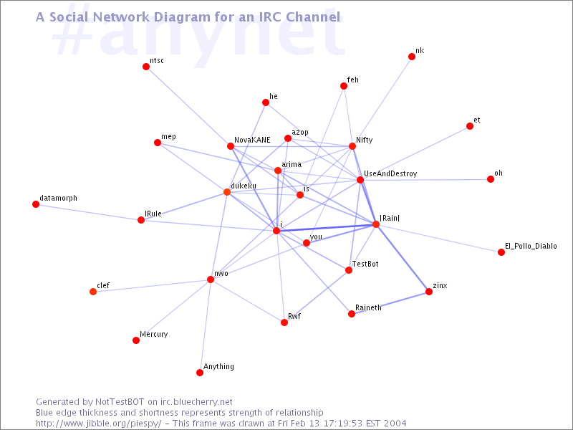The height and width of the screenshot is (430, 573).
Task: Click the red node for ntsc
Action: pos(146,67)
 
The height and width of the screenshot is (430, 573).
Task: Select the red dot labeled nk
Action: pos(412,57)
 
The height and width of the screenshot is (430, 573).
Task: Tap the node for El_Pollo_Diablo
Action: pos(501,252)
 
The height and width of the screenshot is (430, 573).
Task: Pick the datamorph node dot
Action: pos(36,204)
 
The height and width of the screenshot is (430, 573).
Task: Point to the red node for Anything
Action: pos(200,373)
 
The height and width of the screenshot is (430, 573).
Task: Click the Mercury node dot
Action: pos(136,340)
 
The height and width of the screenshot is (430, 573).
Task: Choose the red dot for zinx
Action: pos(429,292)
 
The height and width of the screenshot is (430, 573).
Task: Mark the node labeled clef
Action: pos(93,292)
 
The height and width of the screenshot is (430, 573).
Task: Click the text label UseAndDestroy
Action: pos(390,173)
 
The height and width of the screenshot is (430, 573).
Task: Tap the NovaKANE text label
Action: pos(252,140)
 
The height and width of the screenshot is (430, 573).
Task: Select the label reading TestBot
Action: pos(365,264)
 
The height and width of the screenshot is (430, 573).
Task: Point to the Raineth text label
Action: pos(368,308)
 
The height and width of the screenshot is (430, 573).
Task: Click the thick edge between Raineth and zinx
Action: pos(390,302)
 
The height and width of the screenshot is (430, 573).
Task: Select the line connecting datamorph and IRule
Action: pos(88,212)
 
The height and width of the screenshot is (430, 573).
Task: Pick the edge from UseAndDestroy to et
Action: pos(415,153)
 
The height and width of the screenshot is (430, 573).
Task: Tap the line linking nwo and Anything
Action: pos(205,326)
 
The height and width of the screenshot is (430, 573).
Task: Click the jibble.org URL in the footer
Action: pos(99,424)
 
